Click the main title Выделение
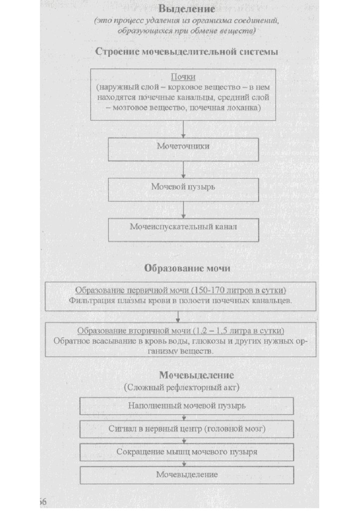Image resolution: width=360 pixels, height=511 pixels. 186,9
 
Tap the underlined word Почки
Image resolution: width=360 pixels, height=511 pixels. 183,77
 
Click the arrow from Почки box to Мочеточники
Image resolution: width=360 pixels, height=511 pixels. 183,129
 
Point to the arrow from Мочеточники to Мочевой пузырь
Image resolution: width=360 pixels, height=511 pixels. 183,170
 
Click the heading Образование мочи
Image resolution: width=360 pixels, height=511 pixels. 187,268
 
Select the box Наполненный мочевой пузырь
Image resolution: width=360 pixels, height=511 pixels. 186,406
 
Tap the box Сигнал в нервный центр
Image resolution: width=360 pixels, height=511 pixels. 186,429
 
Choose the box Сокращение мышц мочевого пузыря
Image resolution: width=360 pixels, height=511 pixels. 186,452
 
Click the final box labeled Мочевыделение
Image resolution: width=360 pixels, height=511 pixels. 186,475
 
